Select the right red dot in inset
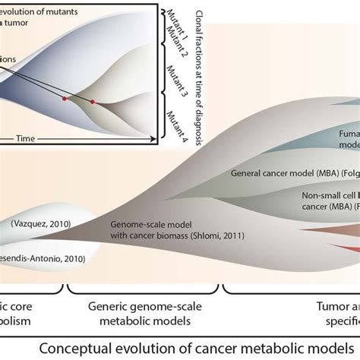click(x=93, y=101)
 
